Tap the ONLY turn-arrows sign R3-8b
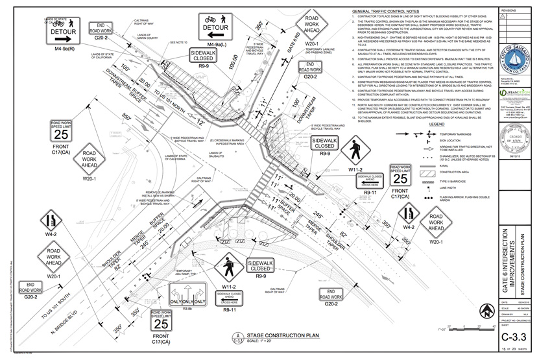(x=187, y=300)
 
